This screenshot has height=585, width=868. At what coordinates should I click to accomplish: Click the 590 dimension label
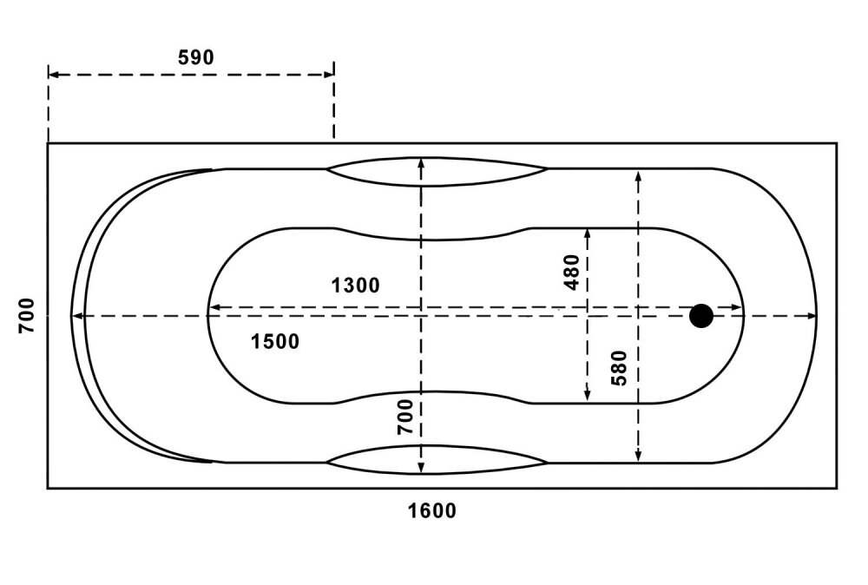coord(196,57)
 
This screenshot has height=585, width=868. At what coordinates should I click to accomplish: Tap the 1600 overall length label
coord(432,510)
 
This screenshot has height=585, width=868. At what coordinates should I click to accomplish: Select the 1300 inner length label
coord(355,285)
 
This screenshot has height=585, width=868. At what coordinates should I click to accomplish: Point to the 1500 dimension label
coord(275,341)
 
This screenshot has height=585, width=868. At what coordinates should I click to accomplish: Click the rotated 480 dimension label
coord(571,272)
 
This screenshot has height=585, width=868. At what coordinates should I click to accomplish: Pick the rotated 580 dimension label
coord(618,368)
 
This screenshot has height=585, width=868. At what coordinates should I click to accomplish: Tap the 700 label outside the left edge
coord(26,315)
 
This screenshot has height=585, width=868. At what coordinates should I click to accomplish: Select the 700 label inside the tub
coord(405,417)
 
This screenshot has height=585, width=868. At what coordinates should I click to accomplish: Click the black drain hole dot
coord(701,316)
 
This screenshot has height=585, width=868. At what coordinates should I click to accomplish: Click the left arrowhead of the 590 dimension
coord(54,74)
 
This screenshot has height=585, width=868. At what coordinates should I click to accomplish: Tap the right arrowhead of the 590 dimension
coord(328,74)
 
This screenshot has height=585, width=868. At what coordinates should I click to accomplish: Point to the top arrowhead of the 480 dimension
coord(587,234)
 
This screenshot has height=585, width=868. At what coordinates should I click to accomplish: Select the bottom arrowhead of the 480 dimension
coord(587,396)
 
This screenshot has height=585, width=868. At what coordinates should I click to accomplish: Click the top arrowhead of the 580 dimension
coord(638,177)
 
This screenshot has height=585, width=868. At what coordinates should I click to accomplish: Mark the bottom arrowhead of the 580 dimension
coord(638,455)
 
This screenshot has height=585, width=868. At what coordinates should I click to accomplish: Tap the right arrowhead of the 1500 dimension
coord(810,316)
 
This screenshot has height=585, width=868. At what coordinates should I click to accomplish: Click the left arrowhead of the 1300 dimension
coord(214,306)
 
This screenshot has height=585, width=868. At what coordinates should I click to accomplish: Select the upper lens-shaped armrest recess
coord(437,172)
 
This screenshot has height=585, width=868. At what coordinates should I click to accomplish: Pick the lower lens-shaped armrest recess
coord(437,460)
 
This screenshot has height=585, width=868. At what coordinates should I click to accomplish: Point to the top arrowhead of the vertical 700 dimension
coord(421,164)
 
